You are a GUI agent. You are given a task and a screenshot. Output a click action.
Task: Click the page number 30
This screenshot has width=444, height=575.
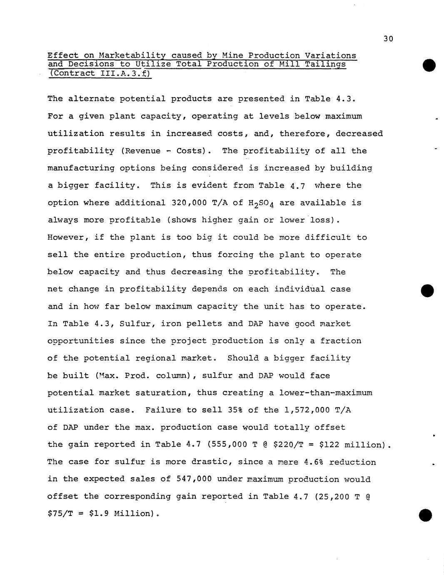[388, 39]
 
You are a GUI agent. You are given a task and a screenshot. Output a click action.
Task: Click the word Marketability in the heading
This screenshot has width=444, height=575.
[132, 55]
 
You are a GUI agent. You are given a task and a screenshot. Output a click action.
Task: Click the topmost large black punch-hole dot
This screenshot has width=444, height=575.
[429, 65]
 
